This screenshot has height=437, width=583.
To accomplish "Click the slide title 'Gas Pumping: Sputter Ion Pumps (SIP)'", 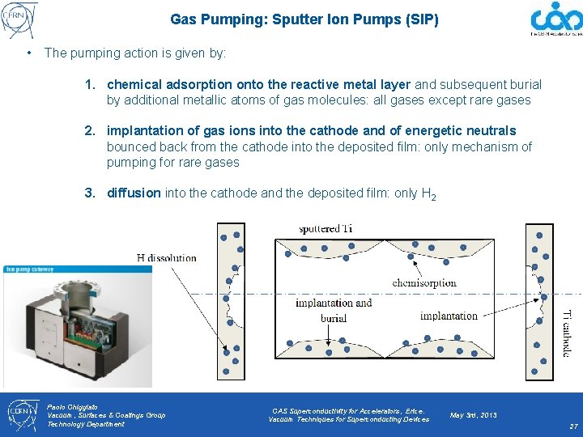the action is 304,19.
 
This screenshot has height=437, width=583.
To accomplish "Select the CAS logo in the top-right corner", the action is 555,19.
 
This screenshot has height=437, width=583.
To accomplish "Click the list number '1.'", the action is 91,85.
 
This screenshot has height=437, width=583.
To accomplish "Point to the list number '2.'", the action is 91,131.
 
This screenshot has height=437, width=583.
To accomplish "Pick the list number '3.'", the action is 91,193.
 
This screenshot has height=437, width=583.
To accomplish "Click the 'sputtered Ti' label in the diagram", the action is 326,229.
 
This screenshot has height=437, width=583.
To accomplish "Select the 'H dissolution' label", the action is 166,258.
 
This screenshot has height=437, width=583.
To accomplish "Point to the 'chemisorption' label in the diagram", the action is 423,283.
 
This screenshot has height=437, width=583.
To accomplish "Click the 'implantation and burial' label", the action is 334,311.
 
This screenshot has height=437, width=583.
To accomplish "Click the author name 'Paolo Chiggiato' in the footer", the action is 72,406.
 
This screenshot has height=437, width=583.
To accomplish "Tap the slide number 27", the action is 573,426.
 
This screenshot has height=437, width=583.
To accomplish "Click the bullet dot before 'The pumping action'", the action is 28,53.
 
